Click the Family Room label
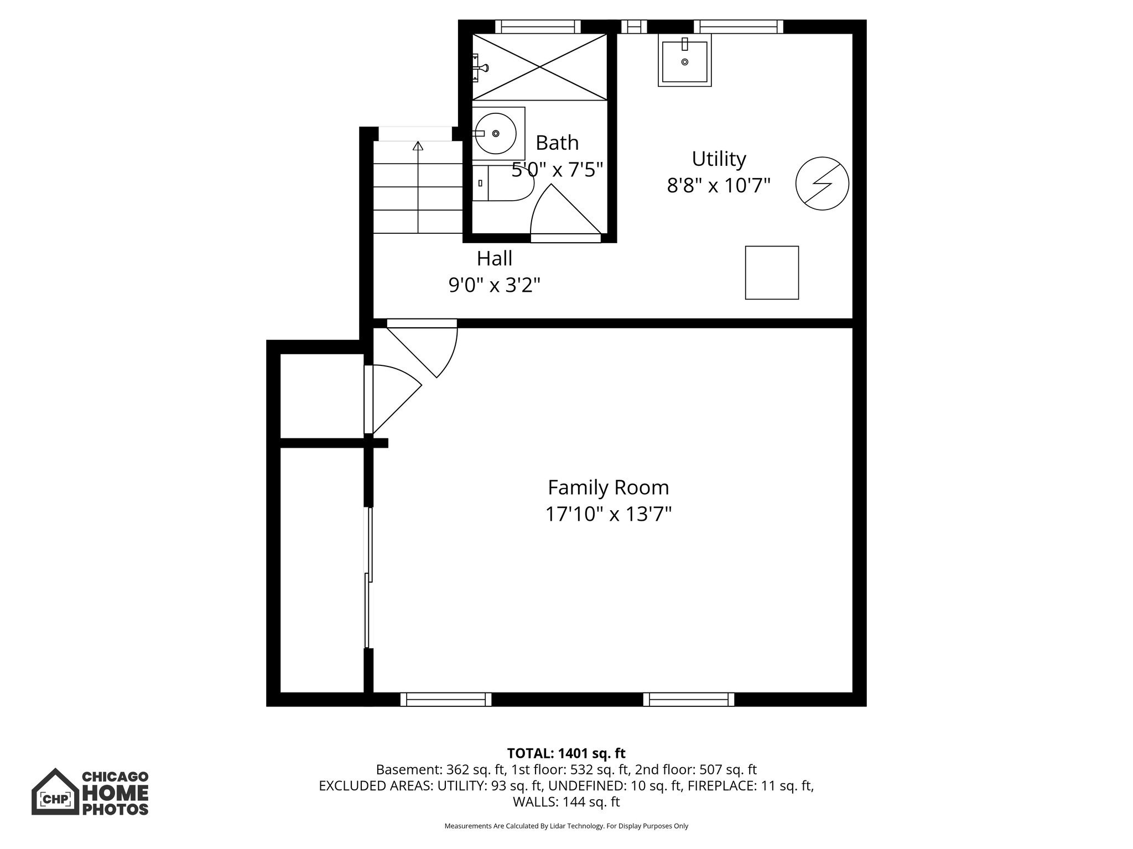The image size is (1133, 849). point(608,488)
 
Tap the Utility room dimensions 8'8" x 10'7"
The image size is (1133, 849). point(719,186)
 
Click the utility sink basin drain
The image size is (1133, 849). point(685,62)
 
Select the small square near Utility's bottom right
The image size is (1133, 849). point(771,272)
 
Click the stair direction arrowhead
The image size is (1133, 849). point(418,146)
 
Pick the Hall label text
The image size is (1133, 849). point(495,259)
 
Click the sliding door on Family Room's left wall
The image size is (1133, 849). point(368,578)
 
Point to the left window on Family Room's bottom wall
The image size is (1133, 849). point(445,699)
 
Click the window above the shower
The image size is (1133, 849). point(538,27)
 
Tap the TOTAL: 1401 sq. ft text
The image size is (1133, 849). point(566,753)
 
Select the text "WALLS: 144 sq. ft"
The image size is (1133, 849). point(566,802)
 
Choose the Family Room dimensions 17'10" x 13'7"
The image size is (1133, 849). point(608,515)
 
